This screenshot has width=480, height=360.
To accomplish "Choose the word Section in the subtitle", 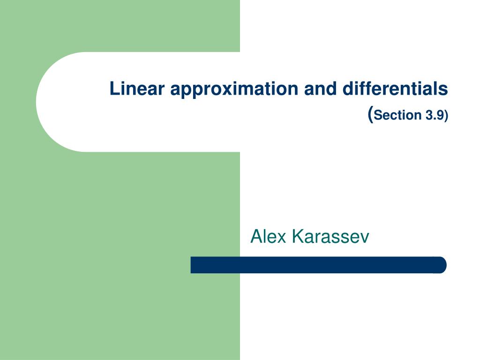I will pos(398,115).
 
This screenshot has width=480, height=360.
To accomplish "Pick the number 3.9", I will pos(434,115).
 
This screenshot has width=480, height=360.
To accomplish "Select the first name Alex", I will pos(268,237).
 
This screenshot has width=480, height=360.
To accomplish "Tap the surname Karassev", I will pos(330,237).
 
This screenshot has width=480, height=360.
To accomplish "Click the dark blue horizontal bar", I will pos(318,265).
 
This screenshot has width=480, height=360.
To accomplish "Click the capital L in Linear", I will pos(114,89).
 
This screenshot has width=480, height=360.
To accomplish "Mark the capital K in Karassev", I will pos(296,237).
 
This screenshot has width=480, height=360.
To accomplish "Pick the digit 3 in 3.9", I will pos(429,115).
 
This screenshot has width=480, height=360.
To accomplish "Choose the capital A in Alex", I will pos(256,237).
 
